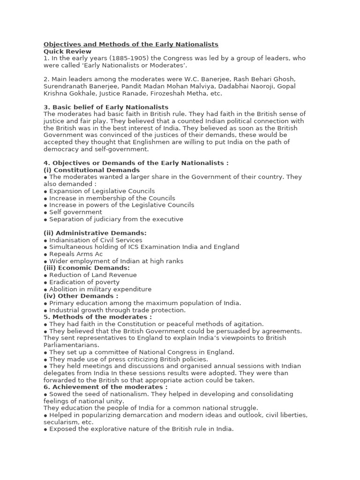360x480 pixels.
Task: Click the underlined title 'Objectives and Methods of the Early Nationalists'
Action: coord(131,45)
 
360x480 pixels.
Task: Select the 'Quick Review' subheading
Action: coord(67,52)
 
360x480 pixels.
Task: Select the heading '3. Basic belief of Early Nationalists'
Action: coord(106,107)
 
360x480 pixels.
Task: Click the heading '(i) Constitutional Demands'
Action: coord(91,170)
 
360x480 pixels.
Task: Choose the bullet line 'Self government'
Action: coord(75,212)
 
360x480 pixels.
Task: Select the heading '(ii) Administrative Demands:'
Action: coord(95,233)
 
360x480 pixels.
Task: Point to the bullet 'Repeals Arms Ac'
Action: coord(75,254)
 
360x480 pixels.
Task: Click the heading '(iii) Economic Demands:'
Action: coord(87,268)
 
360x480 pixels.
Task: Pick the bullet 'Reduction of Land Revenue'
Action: coord(92,275)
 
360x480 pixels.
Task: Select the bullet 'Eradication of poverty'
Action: coord(84,282)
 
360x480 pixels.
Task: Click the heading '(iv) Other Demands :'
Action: coord(81,296)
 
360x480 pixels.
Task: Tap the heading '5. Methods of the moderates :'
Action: coord(97,317)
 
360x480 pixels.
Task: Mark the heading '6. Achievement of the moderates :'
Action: coord(105,387)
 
